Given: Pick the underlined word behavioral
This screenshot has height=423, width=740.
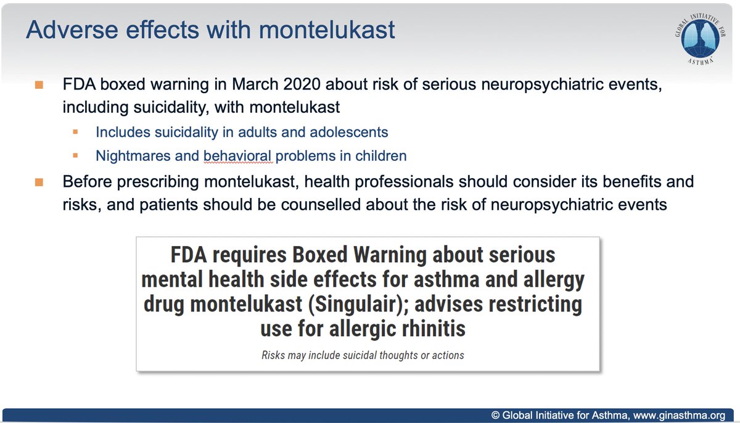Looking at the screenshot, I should coord(238,155).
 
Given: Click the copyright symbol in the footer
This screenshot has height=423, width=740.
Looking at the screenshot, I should coord(495,416).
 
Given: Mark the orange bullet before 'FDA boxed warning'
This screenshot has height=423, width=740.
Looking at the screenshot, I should coord(39,85).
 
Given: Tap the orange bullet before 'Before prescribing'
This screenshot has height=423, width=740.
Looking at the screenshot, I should coord(39,183).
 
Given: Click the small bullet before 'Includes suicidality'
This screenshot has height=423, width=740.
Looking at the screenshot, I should coord(76,132).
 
